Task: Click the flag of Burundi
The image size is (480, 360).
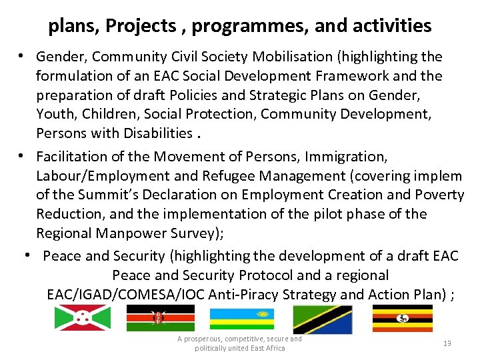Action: coord(83,318)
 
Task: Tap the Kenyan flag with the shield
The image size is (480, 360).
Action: coord(160,318)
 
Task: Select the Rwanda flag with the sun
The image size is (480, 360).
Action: coord(242,318)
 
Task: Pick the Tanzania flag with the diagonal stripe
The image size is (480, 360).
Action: coord(323,319)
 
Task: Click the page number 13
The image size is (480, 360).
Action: coord(447,343)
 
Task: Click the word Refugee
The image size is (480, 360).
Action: coord(248,176)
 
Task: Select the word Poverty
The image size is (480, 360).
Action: coord(440,195)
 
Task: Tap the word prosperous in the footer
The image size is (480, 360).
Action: coord(203,339)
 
